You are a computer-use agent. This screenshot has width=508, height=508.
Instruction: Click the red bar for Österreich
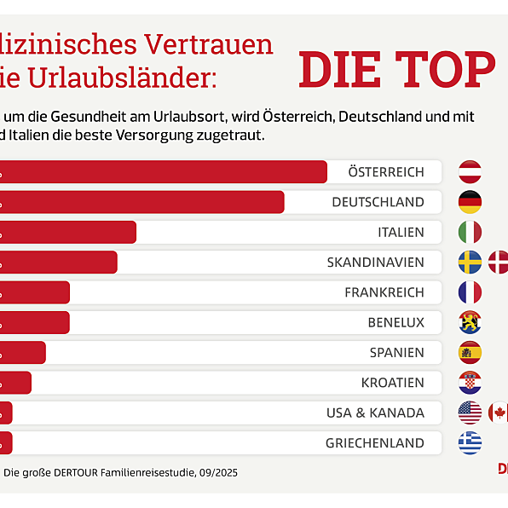pyautogui.click(x=162, y=171)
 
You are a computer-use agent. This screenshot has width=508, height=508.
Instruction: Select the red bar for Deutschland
pyautogui.click(x=141, y=202)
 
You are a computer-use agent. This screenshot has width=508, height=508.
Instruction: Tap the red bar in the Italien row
pyautogui.click(x=68, y=232)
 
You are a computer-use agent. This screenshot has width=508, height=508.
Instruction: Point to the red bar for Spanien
pyautogui.click(x=23, y=352)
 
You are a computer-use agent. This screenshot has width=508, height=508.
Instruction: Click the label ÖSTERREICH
pyautogui.click(x=385, y=172)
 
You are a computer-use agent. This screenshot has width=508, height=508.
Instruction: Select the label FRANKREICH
pyautogui.click(x=384, y=292)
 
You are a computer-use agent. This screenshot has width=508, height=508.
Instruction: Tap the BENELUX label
pyautogui.click(x=395, y=322)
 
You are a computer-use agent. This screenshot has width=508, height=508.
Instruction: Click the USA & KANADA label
pyautogui.click(x=375, y=413)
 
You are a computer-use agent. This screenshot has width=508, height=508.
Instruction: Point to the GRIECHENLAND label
pyautogui.click(x=374, y=443)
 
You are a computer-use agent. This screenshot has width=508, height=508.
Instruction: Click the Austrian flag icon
pyautogui.click(x=470, y=171)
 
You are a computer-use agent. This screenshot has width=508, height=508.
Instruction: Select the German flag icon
pyautogui.click(x=470, y=202)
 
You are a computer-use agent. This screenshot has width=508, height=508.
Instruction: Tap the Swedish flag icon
pyautogui.click(x=470, y=262)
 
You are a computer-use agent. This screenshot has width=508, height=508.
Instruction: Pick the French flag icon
pyautogui.click(x=470, y=292)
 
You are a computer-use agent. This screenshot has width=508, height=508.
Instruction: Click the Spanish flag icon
pyautogui.click(x=470, y=352)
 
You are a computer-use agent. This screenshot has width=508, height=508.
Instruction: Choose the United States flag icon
pyautogui.click(x=470, y=413)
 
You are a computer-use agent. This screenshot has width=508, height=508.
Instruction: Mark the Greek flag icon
pyautogui.click(x=470, y=443)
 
